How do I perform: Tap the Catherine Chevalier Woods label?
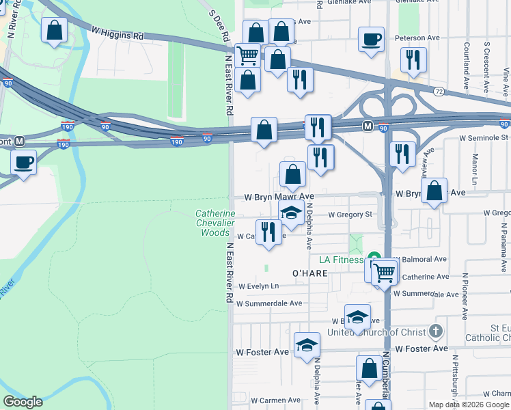click(x=215, y=223)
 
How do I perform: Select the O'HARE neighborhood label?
click(x=311, y=273)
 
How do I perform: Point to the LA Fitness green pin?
click(x=374, y=258)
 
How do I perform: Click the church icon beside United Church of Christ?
click(x=437, y=332)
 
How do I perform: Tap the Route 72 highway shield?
click(x=439, y=91)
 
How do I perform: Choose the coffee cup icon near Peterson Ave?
click(x=371, y=39)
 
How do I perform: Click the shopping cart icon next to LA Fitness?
click(x=384, y=271)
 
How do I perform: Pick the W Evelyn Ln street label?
click(x=259, y=286)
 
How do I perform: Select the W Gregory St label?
click(x=349, y=215)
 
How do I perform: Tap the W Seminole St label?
click(x=484, y=138)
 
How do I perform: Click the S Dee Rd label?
click(x=219, y=27)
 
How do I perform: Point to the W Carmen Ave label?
click(x=275, y=400)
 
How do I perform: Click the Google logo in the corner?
click(x=23, y=402)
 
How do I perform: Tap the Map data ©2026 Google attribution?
click(x=469, y=405)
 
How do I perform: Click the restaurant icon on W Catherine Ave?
click(x=268, y=232)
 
